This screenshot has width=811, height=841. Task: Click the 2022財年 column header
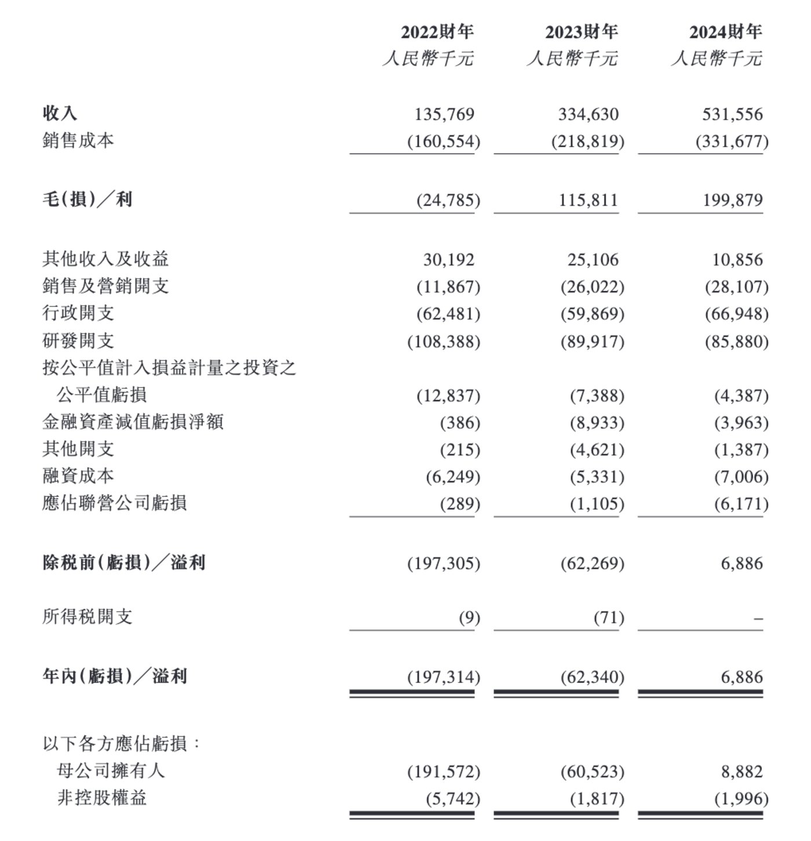coord(437,32)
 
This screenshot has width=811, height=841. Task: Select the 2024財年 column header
coord(725,32)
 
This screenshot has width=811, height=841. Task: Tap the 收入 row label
coord(60,114)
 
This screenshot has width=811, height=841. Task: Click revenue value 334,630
coord(588,114)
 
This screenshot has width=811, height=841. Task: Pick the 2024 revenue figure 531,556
coord(732,114)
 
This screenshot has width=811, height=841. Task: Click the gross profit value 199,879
coord(732,200)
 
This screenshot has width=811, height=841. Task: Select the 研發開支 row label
coord(78,341)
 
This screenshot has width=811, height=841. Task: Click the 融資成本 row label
coord(78,476)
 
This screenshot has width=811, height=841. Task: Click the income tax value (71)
coord(609,618)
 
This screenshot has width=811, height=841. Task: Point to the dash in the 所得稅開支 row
coord(758,619)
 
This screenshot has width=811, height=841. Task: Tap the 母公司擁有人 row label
coord(111,771)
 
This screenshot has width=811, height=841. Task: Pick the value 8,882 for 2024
coord(742,771)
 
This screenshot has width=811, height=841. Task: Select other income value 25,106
coord(593,259)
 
